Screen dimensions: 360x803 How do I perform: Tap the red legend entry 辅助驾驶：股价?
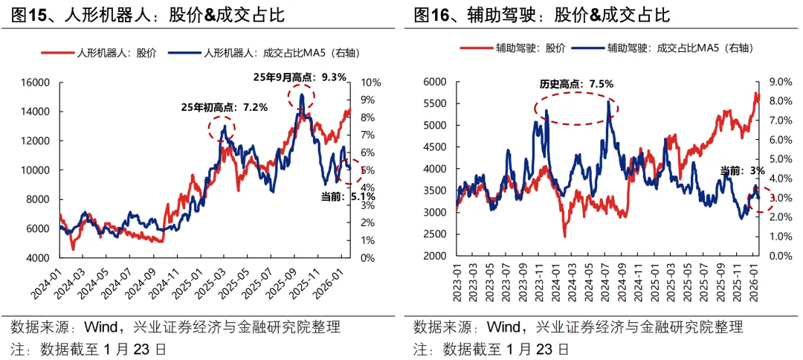tap(513, 48)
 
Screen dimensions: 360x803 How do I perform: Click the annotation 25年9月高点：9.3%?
tap(300, 77)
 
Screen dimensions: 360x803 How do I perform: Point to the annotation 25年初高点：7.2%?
tap(224, 107)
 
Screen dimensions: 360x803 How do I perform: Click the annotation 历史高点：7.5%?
tap(576, 84)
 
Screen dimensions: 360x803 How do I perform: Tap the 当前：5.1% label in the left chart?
tap(347, 197)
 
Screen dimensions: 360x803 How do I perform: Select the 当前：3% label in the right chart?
tap(741, 171)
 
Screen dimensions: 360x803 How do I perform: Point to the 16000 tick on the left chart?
tap(34, 83)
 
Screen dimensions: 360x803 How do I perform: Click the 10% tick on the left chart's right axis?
tap(371, 83)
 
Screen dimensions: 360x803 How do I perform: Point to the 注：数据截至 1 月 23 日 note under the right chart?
tap(491, 348)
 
